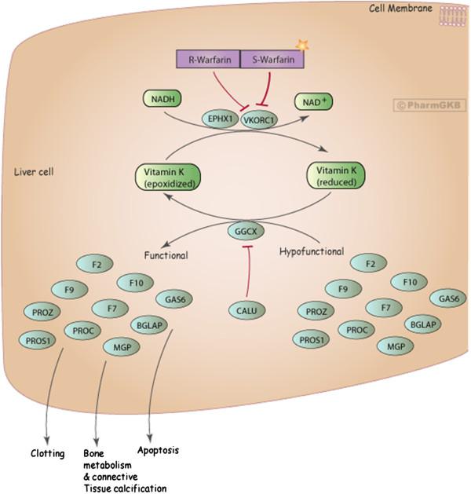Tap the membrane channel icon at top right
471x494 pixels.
[x=450, y=15]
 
